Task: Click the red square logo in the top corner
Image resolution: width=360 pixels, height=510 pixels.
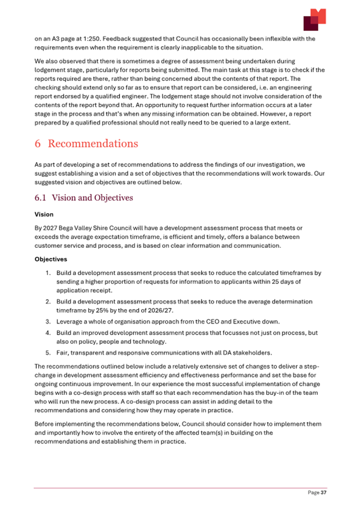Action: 314,20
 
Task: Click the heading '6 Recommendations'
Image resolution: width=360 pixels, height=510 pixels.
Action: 86,144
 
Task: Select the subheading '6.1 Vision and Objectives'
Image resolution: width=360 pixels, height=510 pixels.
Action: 83,198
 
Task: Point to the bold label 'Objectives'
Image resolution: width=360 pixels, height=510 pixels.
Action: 51,260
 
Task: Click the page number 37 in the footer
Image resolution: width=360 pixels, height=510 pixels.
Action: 323,493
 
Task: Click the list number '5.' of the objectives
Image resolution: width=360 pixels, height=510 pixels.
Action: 47,353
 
